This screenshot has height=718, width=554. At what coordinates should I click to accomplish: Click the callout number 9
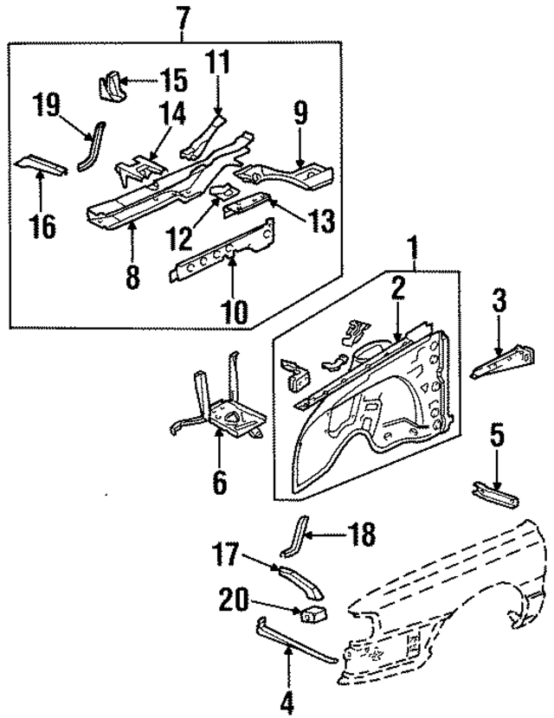click(x=300, y=114)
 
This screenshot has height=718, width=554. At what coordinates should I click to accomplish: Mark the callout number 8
click(x=132, y=279)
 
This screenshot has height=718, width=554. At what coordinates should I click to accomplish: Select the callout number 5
click(x=496, y=433)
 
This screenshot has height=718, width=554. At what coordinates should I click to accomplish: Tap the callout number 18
click(x=364, y=535)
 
